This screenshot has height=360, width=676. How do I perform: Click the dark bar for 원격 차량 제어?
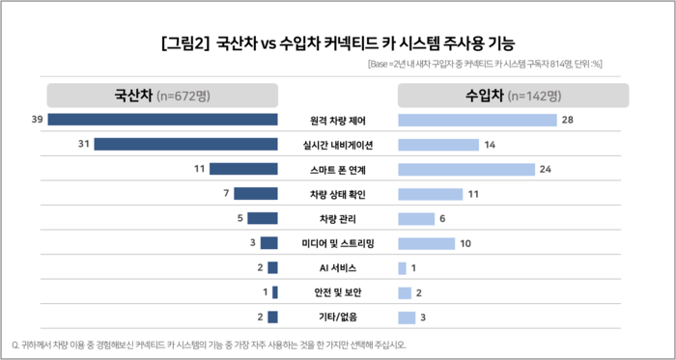162,120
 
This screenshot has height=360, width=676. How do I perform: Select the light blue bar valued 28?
477,120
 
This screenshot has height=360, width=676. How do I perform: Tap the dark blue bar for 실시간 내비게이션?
185,144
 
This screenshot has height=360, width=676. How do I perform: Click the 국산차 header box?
162,95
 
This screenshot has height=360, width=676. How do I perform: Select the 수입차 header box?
513,95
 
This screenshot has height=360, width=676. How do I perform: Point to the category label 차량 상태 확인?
338,194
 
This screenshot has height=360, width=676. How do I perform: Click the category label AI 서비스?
338,267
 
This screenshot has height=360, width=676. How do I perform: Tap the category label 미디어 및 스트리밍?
338,242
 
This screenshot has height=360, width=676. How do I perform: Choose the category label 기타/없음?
338,317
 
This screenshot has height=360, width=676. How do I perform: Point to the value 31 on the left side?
84,144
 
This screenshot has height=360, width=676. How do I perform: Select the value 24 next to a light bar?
545,169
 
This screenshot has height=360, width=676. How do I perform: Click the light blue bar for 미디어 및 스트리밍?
426,242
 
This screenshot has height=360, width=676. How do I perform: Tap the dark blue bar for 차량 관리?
263,218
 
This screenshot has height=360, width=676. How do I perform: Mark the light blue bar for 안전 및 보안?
405,292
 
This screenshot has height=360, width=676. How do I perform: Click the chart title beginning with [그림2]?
338,42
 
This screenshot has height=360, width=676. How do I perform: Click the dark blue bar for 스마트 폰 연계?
243,169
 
